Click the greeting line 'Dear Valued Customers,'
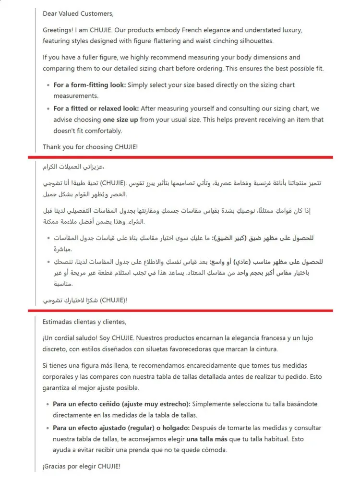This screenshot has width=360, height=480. pos(78,13)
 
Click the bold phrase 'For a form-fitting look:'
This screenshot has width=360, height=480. pos(90,85)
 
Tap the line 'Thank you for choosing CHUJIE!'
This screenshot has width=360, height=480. pos(90,146)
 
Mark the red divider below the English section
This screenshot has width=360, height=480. pos(180,157)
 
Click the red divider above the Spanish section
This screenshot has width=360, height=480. pos(180,311)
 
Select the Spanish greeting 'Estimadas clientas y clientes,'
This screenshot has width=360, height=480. pos(84,322)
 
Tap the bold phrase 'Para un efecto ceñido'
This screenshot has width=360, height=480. pos(88,404)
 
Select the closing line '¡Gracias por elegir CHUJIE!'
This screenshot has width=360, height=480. pos(81,466)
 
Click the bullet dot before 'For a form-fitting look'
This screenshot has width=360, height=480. pos(48,85)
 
